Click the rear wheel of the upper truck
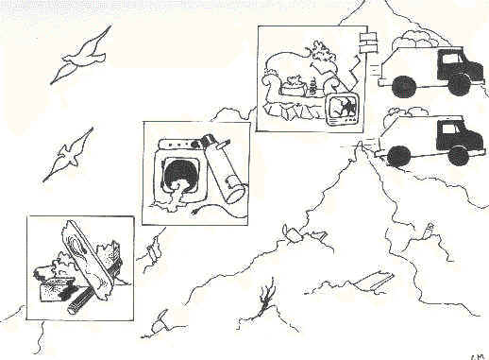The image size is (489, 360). [405, 86]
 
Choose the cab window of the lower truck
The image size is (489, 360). [452, 129]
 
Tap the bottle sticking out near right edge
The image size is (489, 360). [430, 230]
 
